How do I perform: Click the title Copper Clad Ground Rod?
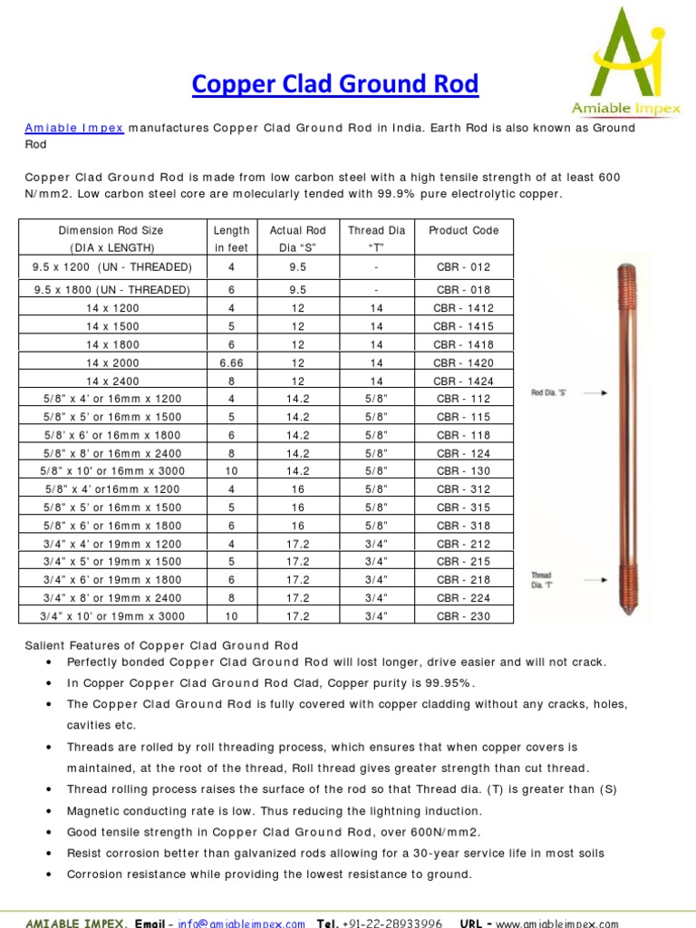[x=334, y=85]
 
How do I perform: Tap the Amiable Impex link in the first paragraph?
[x=74, y=128]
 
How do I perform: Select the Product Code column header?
[x=463, y=231]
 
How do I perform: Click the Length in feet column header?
[x=231, y=238]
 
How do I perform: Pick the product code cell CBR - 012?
[x=463, y=267]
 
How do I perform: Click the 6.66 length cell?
[x=231, y=362]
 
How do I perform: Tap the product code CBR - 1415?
[x=463, y=326]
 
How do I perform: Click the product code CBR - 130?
[x=463, y=471]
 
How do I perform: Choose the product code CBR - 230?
[x=463, y=616]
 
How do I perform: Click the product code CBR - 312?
[x=463, y=489]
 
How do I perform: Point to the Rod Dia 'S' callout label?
[x=548, y=393]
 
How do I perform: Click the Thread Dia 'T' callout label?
[x=542, y=580]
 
